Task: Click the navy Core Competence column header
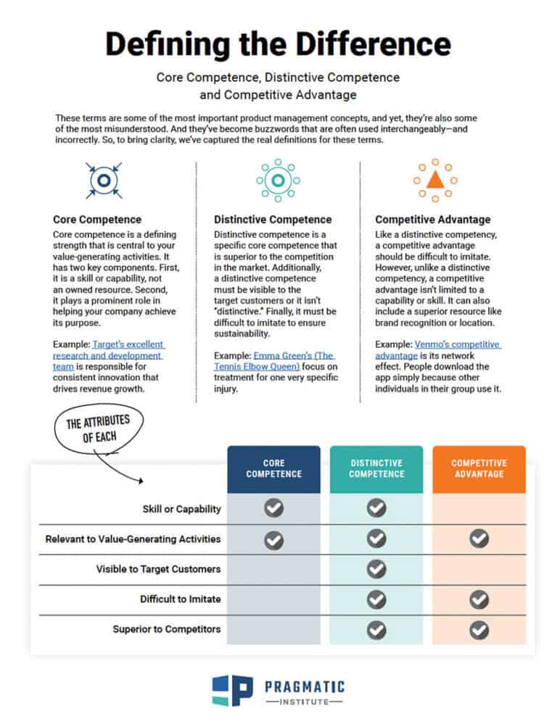pyautogui.click(x=273, y=469)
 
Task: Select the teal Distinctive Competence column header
pyautogui.click(x=376, y=469)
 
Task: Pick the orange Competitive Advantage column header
pyautogui.click(x=479, y=469)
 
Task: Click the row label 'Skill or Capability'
pyautogui.click(x=181, y=509)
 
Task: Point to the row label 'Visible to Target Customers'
pyautogui.click(x=158, y=569)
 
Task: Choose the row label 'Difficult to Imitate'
pyautogui.click(x=180, y=599)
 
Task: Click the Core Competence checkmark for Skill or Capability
pyautogui.click(x=273, y=509)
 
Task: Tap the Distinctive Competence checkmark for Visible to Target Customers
pyautogui.click(x=376, y=569)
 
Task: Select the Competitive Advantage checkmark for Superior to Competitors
pyautogui.click(x=479, y=630)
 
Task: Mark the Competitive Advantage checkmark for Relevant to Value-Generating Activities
pyautogui.click(x=479, y=539)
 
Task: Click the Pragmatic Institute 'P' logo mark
pyautogui.click(x=231, y=691)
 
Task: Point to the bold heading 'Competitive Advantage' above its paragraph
pyautogui.click(x=432, y=219)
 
